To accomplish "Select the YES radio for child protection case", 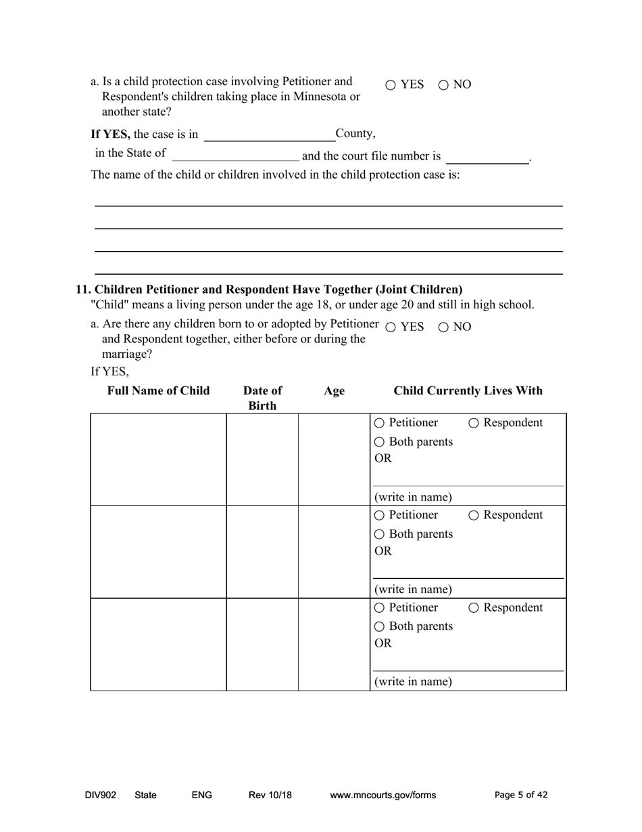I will click(x=391, y=85).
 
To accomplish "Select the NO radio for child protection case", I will click(x=443, y=85).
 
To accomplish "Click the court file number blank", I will click(x=487, y=157).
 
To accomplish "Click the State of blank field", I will click(x=235, y=155).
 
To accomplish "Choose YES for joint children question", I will click(x=391, y=327).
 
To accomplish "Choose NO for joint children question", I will click(x=443, y=327).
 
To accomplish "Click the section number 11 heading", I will click(x=269, y=290).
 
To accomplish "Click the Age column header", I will click(x=334, y=391).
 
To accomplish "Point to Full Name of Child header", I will click(x=158, y=391).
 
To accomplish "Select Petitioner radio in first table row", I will click(x=379, y=423).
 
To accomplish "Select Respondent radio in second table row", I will click(x=474, y=515).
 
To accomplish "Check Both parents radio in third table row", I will click(x=379, y=627).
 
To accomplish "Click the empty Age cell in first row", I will click(x=334, y=459).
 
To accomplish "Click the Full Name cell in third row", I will click(x=158, y=644).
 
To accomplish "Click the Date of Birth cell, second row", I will click(x=262, y=551).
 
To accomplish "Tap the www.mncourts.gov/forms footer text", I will click(x=382, y=795).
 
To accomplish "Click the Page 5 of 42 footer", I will click(x=521, y=795).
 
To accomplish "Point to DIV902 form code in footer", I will click(x=101, y=795).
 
